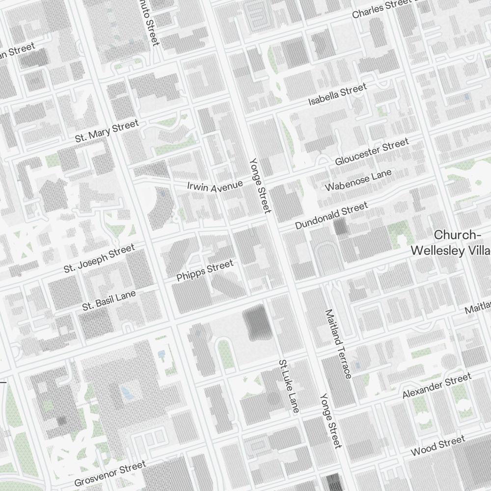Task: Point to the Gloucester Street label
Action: (371, 152)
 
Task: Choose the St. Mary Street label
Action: (107, 131)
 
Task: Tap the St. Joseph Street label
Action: (99, 259)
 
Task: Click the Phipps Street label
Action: (205, 271)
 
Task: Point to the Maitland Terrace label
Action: (338, 344)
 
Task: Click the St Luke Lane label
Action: (288, 386)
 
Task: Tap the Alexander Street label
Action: (436, 385)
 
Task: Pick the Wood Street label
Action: (437, 445)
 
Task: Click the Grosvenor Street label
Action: (110, 473)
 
